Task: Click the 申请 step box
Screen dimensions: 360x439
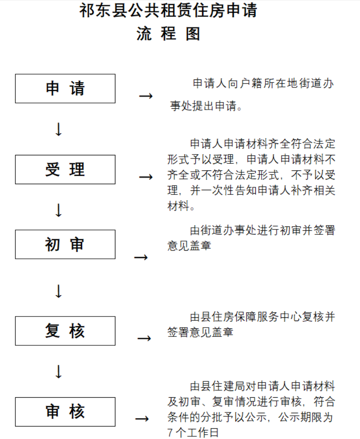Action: (65, 88)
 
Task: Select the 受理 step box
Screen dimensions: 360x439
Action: (65, 170)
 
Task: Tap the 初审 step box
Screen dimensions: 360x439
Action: (65, 245)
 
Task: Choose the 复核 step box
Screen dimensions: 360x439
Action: (65, 331)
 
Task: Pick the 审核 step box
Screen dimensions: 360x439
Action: (65, 412)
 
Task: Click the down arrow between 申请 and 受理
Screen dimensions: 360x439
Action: (59, 129)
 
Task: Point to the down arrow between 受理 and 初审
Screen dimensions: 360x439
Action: (59, 210)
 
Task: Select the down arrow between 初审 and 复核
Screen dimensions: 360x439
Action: (59, 291)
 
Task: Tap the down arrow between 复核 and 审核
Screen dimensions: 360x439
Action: (59, 372)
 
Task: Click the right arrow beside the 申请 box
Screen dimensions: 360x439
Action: (146, 96)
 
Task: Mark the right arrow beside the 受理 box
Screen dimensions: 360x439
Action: (146, 177)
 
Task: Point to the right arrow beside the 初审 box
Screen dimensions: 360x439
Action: (141, 257)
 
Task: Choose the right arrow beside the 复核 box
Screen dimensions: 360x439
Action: (144, 338)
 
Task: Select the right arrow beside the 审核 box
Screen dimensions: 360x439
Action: (142, 419)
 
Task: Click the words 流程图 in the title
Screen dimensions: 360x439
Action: (168, 34)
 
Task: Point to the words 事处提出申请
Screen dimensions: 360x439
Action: (206, 106)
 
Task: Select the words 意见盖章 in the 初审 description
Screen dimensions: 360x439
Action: (189, 246)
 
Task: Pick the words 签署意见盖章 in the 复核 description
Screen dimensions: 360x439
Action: (201, 332)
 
